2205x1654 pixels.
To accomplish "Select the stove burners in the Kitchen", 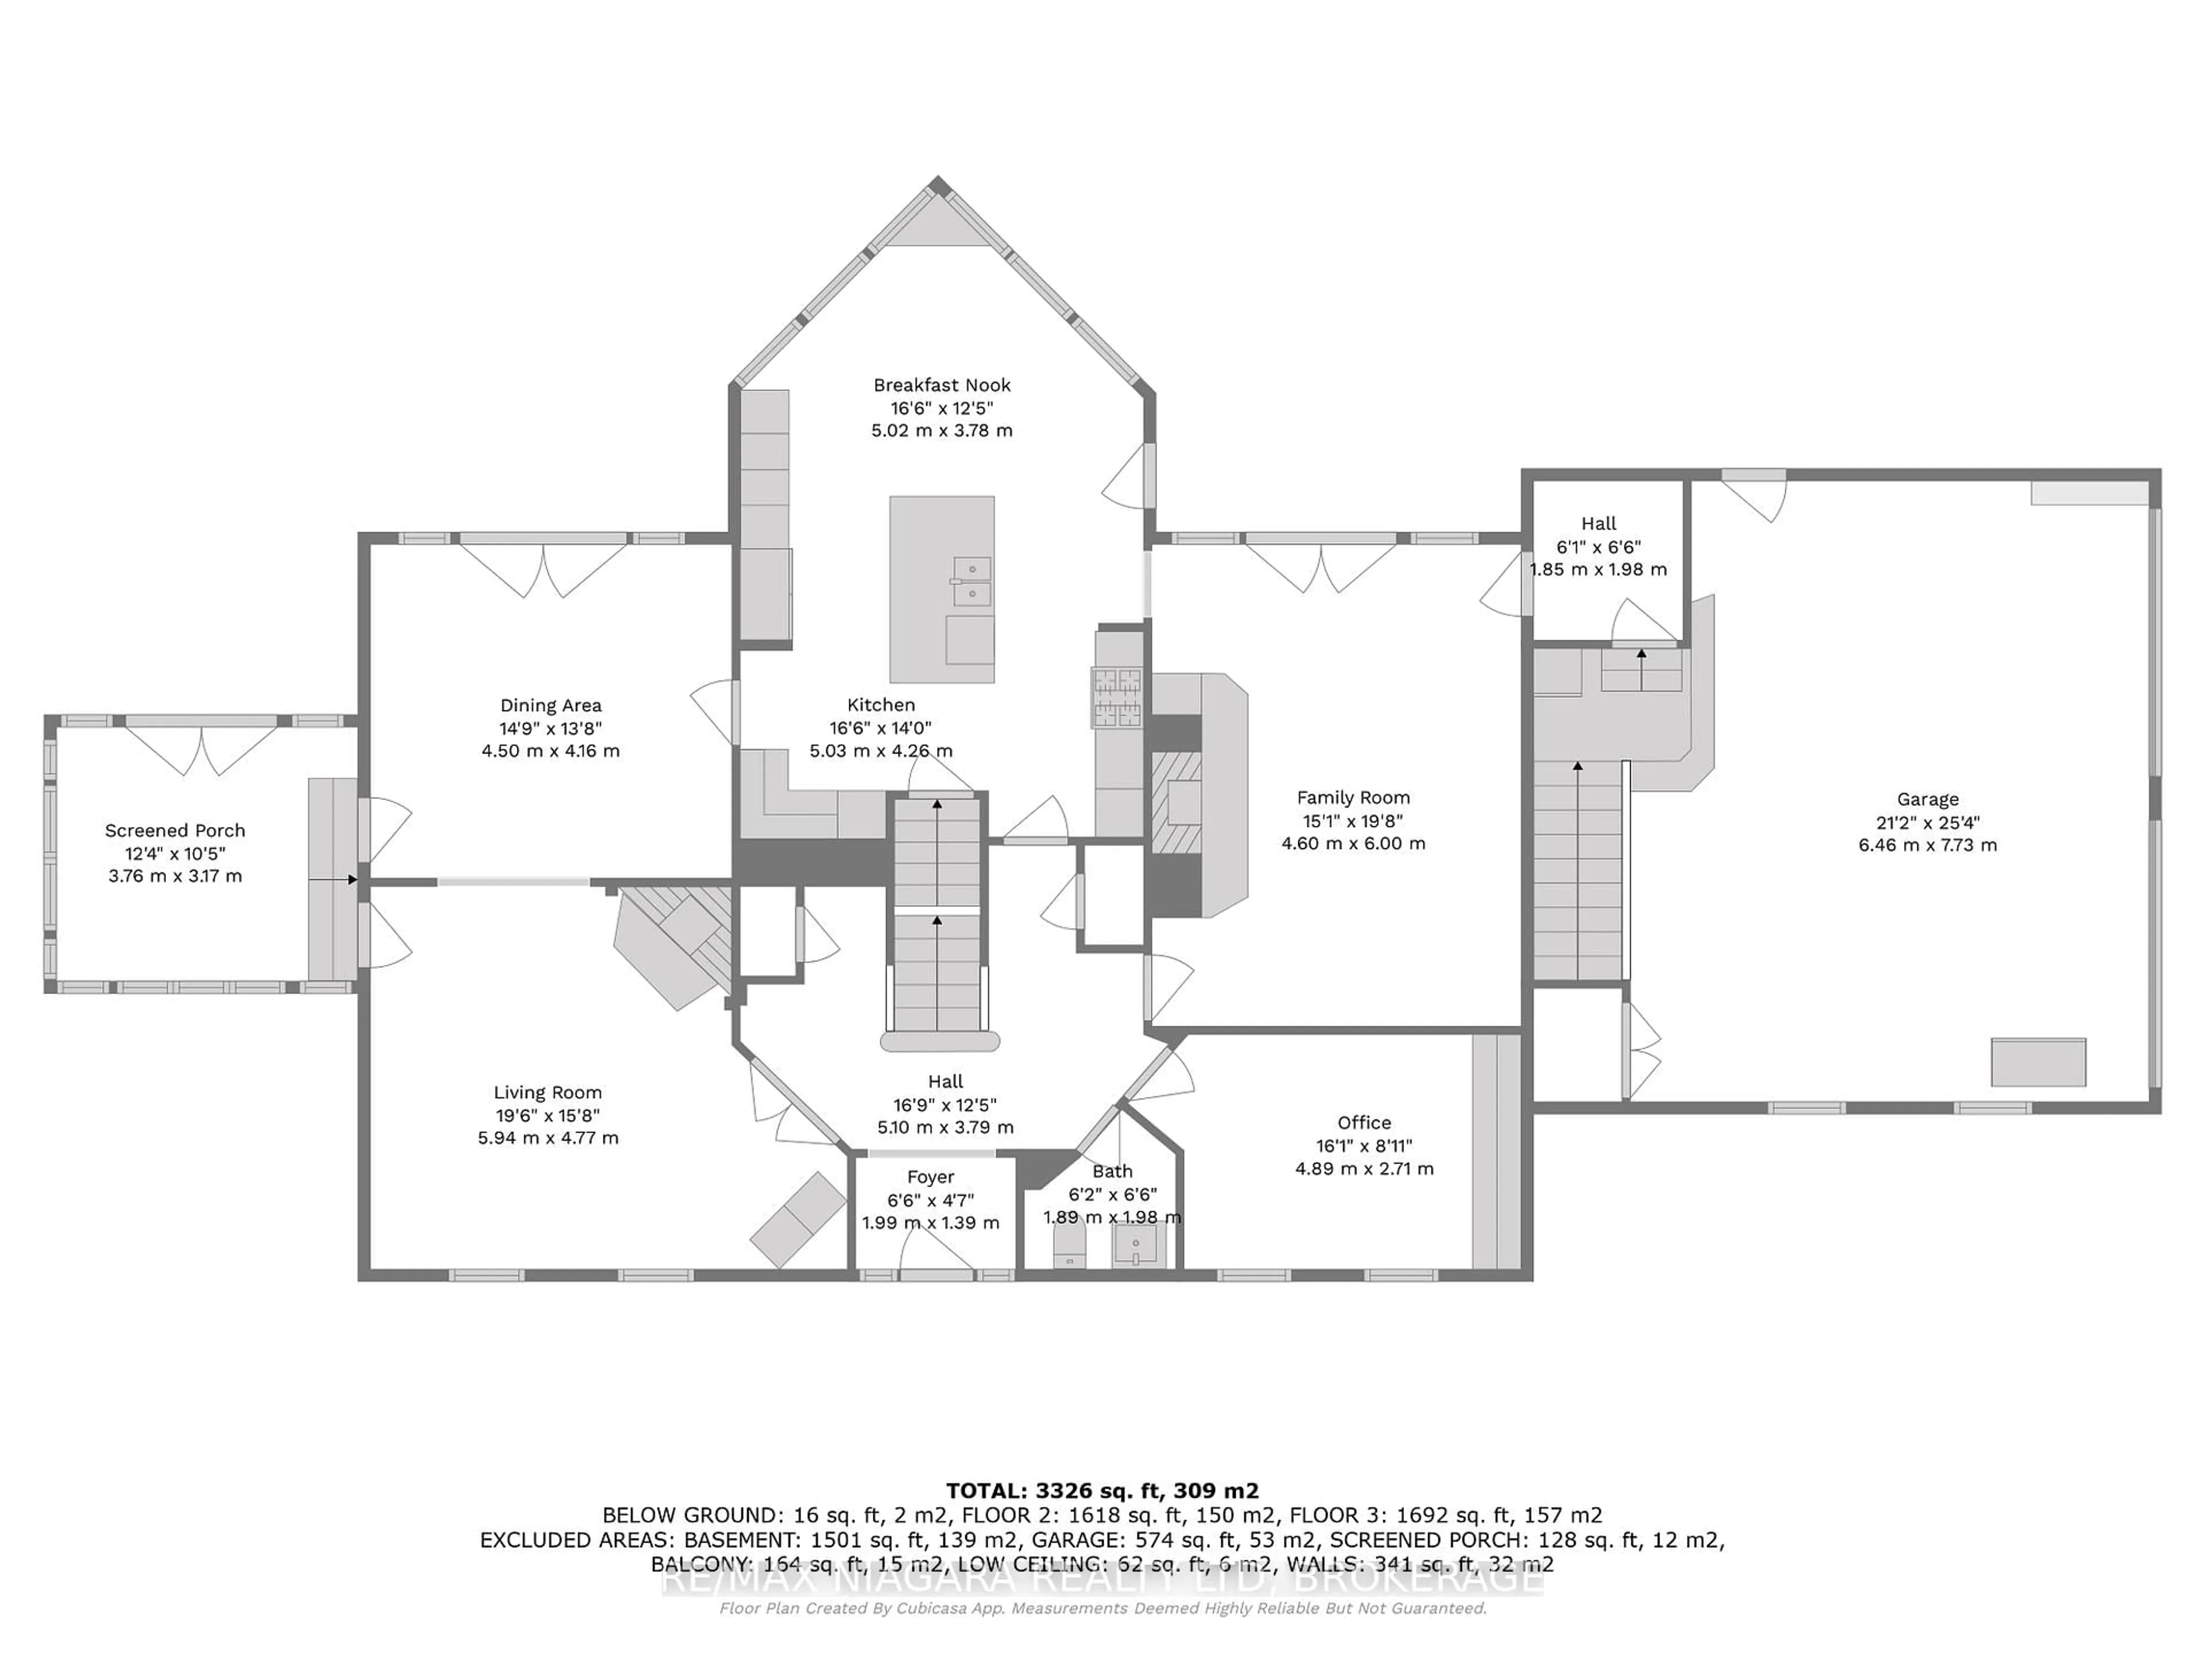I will click(1116, 698).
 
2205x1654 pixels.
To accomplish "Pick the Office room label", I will click(1364, 1123).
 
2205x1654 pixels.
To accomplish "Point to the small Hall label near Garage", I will click(1598, 523).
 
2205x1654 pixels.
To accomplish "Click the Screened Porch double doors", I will click(202, 748).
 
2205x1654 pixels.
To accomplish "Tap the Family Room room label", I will click(1353, 798).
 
